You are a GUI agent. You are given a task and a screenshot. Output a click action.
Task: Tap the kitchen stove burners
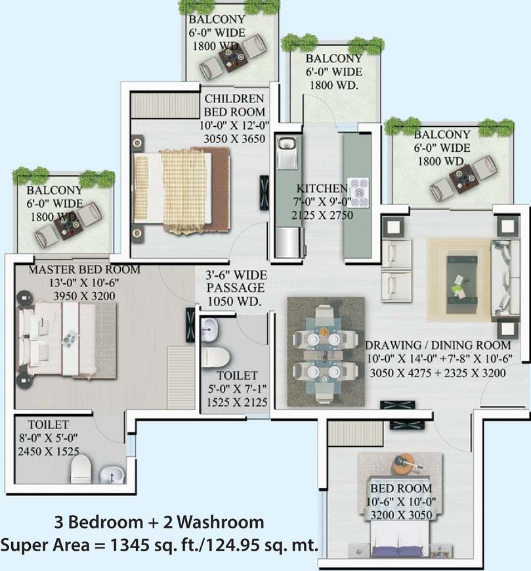click(x=358, y=193)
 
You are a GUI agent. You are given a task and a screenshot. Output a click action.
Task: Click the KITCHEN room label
click(x=322, y=189)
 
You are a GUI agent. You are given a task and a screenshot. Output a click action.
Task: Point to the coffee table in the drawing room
click(x=462, y=280)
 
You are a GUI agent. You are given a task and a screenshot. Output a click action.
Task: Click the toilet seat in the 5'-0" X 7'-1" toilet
click(x=215, y=357)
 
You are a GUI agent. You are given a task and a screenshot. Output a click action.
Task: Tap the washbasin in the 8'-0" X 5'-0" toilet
click(x=112, y=474)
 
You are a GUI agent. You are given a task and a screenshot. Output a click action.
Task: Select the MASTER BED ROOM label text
click(x=85, y=269)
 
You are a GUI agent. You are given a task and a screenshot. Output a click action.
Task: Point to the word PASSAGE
click(x=236, y=288)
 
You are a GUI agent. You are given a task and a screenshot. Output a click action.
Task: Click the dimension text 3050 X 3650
click(x=234, y=139)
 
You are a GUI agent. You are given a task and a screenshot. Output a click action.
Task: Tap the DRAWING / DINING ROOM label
click(x=438, y=345)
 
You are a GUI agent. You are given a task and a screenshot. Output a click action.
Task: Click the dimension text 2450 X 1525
click(x=49, y=451)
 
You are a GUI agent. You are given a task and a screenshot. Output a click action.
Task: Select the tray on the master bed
click(x=70, y=338)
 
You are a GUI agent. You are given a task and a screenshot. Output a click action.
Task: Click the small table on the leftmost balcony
click(x=68, y=227)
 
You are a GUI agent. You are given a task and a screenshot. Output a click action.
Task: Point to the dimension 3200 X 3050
click(x=402, y=515)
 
